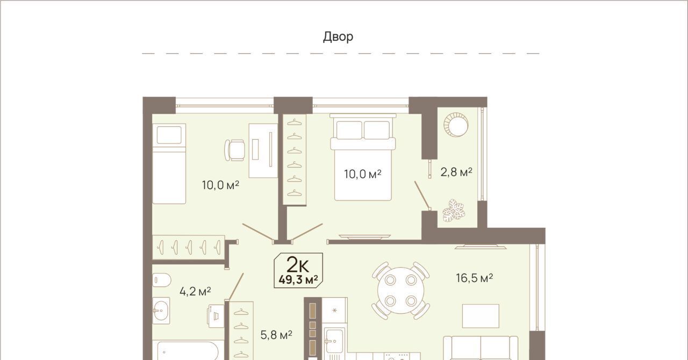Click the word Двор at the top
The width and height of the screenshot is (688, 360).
coord(338,37)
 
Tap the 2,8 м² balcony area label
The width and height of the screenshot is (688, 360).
coord(456,172)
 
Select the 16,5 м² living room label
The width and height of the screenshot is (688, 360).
coord(475,278)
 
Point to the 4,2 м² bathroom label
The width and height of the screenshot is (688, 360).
coord(195,291)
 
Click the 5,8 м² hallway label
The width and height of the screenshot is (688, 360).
coord(276,335)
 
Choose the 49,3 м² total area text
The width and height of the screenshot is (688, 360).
coord(298,280)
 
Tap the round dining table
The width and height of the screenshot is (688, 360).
coord(401,290)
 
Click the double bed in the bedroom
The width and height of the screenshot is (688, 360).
coord(363,157)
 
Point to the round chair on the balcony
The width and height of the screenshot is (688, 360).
coord(456,125)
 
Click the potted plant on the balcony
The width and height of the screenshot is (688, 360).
coord(454,211)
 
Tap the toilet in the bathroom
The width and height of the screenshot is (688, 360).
coord(162,280)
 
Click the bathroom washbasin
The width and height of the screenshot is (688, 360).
coord(161,310)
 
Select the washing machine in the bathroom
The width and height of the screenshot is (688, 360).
coord(216,316)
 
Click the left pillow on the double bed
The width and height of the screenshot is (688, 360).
coord(349,130)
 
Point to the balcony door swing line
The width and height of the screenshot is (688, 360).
coord(422,196)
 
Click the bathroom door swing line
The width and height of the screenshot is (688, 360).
coord(235,286)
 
